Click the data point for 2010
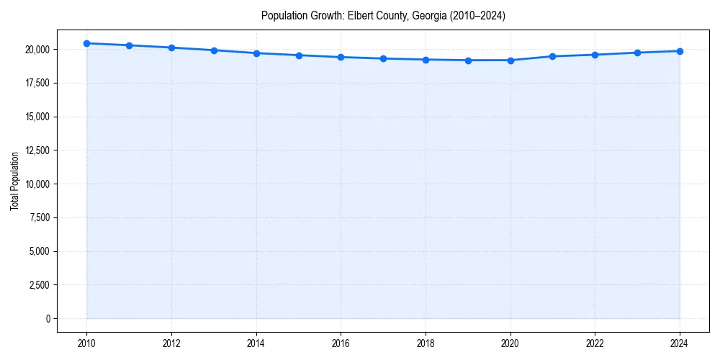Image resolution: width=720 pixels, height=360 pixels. (86, 43)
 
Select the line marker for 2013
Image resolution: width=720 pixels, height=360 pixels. (214, 50)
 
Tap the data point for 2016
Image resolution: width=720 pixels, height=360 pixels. (341, 57)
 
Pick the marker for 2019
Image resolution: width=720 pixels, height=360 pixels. (468, 60)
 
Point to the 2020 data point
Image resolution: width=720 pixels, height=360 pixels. (510, 60)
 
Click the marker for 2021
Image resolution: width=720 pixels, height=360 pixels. (553, 56)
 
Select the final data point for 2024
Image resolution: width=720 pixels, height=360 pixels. (680, 51)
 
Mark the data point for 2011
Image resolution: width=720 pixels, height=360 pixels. (129, 45)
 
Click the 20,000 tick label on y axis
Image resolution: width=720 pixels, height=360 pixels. (37, 50)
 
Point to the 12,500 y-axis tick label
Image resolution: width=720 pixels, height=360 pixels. (37, 150)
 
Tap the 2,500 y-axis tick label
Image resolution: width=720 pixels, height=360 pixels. (39, 285)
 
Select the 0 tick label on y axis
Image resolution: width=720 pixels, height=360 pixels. (48, 319)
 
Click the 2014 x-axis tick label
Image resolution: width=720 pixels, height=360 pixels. (256, 342)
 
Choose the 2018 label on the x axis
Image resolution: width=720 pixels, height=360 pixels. (426, 342)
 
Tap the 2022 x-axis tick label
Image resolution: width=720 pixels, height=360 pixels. (595, 342)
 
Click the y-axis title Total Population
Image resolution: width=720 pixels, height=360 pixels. (14, 181)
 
